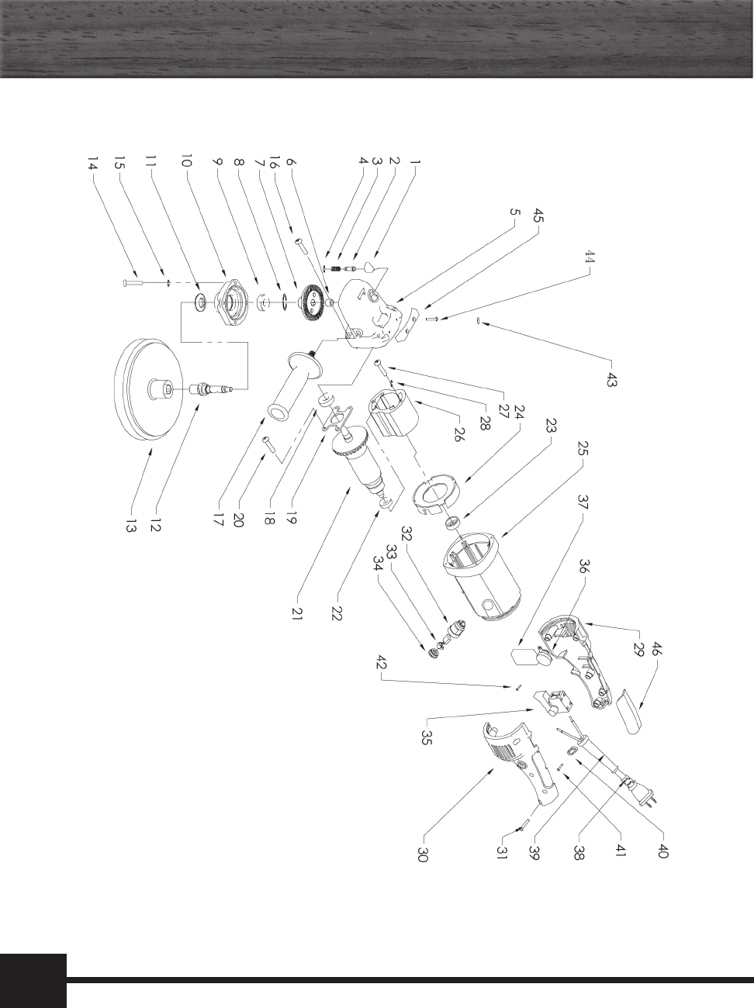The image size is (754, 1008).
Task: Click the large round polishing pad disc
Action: [x=148, y=389]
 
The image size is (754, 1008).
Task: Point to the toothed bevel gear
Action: [x=313, y=302]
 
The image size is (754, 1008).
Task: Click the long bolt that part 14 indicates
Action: [x=133, y=283]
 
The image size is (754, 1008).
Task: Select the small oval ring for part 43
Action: [x=479, y=322]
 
